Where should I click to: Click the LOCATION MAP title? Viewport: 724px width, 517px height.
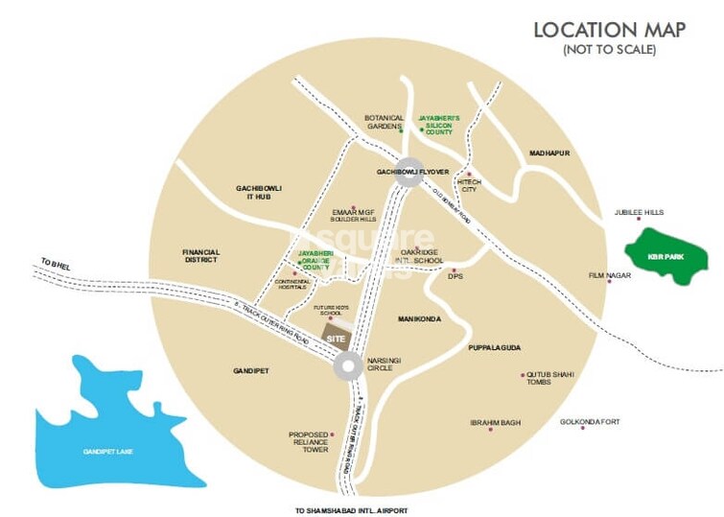(x=610, y=29)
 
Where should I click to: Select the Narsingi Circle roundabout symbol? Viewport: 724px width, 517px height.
(x=347, y=365)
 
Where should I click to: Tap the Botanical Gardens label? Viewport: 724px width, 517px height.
(x=384, y=124)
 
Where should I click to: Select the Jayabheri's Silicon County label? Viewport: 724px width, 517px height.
(x=438, y=124)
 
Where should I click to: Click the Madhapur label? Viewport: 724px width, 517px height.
(x=549, y=153)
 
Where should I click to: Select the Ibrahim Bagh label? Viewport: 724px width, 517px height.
(x=494, y=422)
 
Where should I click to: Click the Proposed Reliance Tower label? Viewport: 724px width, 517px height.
(x=309, y=441)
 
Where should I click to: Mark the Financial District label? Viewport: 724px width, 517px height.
(x=201, y=256)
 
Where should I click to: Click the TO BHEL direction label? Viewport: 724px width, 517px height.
(x=57, y=262)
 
